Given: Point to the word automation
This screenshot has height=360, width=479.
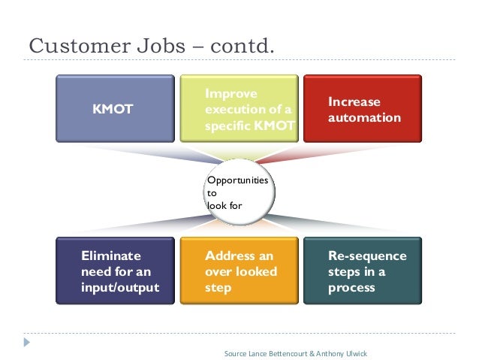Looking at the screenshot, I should (364, 118).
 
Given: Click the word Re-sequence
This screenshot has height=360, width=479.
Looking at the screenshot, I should (367, 256).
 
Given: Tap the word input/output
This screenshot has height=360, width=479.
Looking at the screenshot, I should (119, 287).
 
